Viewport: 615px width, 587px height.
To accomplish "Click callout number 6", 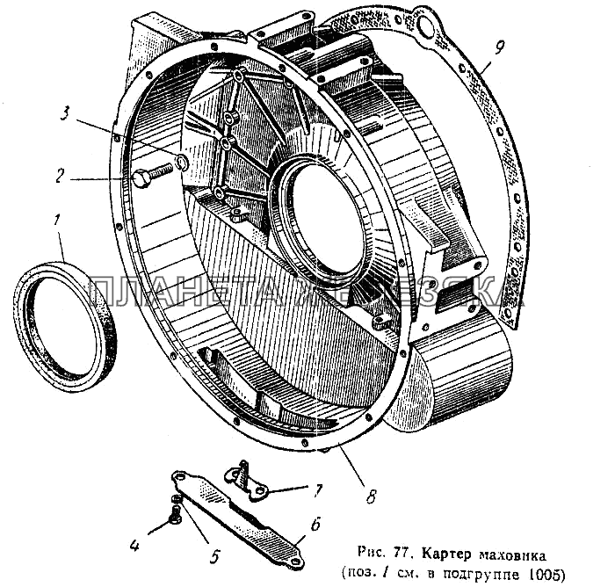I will pos(316,527).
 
